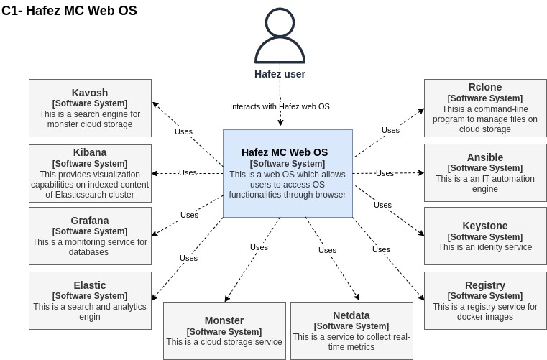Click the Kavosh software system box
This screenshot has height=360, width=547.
coord(90,108)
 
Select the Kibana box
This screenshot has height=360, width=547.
coord(90,173)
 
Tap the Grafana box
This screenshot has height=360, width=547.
coord(90,236)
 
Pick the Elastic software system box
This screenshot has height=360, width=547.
coord(90,300)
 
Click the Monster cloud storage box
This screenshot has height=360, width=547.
coord(224,331)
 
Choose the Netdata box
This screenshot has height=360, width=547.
coord(351,331)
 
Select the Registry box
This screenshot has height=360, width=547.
coord(484,300)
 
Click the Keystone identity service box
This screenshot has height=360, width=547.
coord(484,236)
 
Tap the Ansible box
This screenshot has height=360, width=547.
coord(484,173)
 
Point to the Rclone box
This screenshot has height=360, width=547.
coord(484,108)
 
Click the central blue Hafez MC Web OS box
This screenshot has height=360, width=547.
coord(288,173)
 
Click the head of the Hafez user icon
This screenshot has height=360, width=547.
coord(280,22)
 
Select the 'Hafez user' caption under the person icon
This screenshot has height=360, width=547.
coord(280,74)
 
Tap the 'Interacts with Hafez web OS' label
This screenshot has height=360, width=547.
coord(280,106)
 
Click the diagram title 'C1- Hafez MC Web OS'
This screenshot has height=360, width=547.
coord(69,11)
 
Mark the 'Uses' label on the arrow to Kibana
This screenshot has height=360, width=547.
coord(188,172)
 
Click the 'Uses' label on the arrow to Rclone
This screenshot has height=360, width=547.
coord(390,130)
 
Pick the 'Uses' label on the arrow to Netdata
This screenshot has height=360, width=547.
coord(327,250)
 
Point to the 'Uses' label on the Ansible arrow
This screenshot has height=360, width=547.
coord(385,173)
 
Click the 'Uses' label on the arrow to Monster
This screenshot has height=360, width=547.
coord(259,247)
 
